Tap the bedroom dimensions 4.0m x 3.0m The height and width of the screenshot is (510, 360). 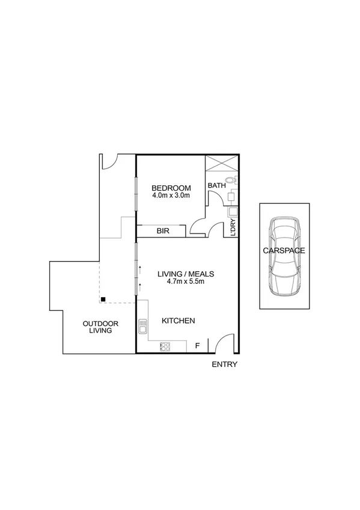click(x=171, y=195)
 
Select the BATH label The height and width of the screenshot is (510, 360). click(x=216, y=186)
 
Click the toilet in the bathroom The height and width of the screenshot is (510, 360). click(x=231, y=181)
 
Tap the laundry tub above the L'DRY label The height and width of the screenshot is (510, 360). click(x=232, y=212)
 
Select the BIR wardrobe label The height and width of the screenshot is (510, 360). click(x=162, y=230)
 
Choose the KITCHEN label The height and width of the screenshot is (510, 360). click(x=178, y=321)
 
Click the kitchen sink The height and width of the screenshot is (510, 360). click(x=143, y=327)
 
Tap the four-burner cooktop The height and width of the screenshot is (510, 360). click(x=165, y=346)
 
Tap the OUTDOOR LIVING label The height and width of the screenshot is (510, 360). click(x=101, y=327)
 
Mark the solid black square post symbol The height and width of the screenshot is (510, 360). click(x=104, y=299)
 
